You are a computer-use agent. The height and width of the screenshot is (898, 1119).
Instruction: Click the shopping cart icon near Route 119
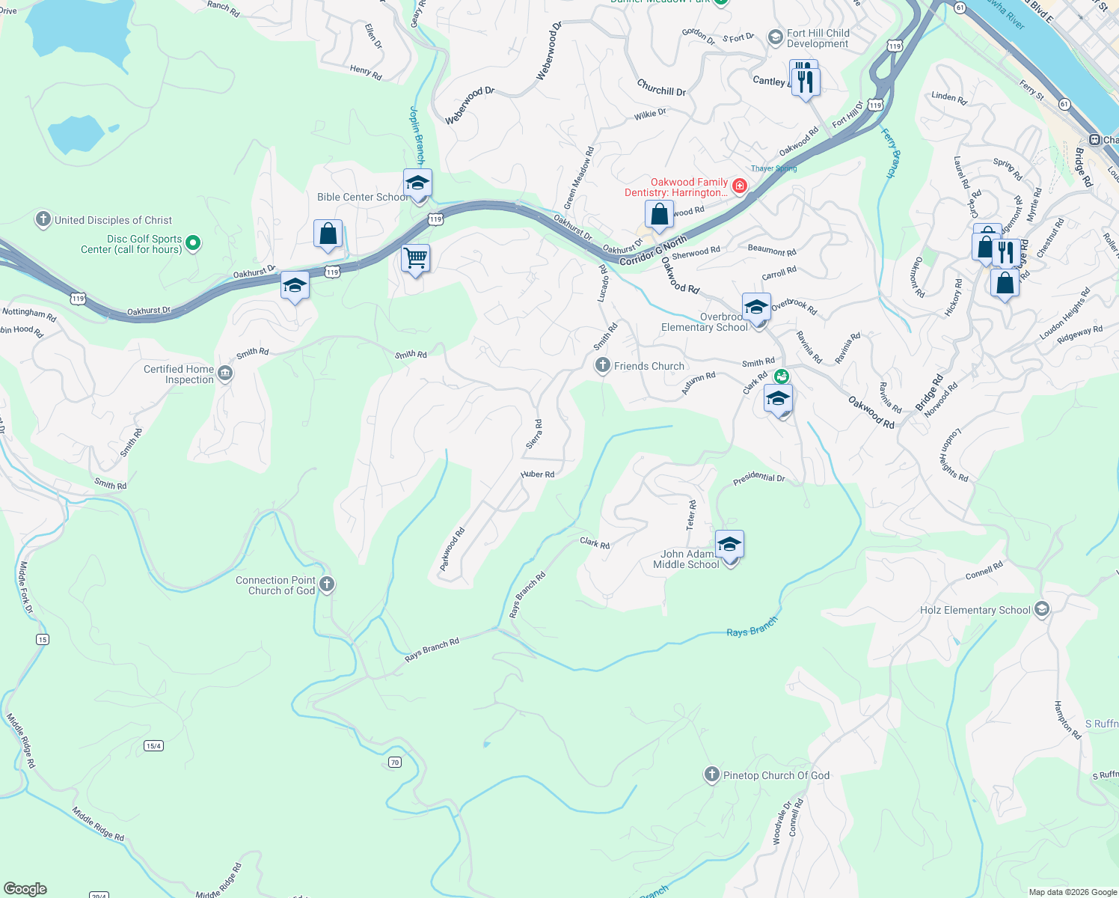pyautogui.click(x=415, y=259)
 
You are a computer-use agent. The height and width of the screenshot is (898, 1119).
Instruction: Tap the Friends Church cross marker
pyautogui.click(x=602, y=365)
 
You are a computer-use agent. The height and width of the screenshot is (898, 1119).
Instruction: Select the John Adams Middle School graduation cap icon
pyautogui.click(x=729, y=545)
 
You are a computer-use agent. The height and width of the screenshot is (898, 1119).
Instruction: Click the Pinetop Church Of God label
pyautogui.click(x=776, y=775)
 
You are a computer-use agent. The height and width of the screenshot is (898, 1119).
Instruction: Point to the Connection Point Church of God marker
pyautogui.click(x=326, y=584)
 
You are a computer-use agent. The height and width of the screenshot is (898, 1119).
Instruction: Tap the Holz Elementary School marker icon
pyautogui.click(x=1041, y=610)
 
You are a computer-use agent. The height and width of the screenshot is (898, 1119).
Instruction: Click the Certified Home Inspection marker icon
pyautogui.click(x=225, y=373)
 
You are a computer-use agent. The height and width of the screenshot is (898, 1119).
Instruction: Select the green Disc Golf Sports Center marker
pyautogui.click(x=193, y=242)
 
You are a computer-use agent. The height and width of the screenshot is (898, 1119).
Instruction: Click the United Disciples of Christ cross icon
pyautogui.click(x=43, y=219)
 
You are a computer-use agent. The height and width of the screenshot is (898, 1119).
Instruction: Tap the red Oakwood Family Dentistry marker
pyautogui.click(x=739, y=186)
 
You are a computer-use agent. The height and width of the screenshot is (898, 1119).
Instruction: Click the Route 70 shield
pyautogui.click(x=395, y=762)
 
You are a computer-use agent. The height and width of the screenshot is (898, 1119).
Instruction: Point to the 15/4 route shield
pyautogui.click(x=153, y=745)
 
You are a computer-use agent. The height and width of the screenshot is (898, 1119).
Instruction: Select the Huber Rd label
pyautogui.click(x=538, y=474)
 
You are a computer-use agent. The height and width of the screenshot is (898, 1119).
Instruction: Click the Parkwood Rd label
pyautogui.click(x=452, y=549)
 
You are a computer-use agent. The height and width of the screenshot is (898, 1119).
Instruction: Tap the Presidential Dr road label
pyautogui.click(x=758, y=478)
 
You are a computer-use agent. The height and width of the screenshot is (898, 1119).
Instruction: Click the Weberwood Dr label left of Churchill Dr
pyautogui.click(x=470, y=106)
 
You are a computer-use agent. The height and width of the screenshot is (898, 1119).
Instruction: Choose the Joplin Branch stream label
pyautogui.click(x=417, y=135)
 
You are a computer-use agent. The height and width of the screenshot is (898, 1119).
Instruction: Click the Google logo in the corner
pyautogui.click(x=25, y=888)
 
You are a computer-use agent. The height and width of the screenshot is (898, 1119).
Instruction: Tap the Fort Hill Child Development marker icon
pyautogui.click(x=776, y=36)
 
